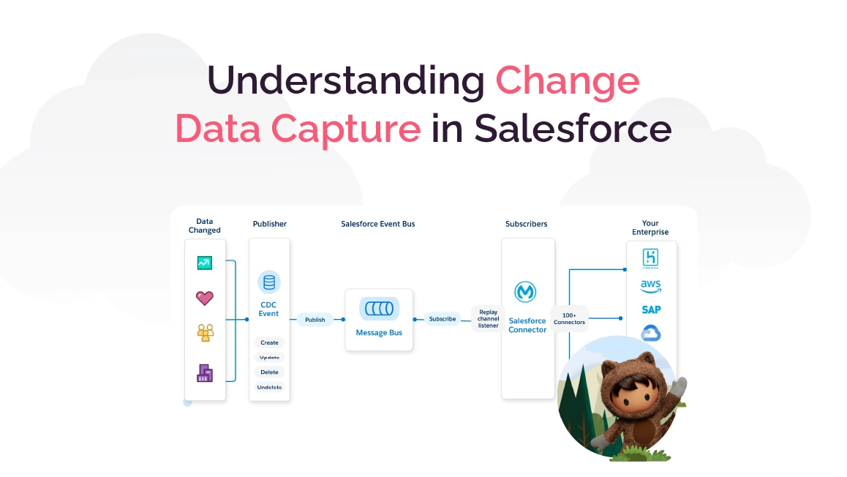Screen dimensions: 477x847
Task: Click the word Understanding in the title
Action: (345, 80)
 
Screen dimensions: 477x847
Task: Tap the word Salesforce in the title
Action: (573, 128)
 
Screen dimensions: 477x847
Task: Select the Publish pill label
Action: (315, 319)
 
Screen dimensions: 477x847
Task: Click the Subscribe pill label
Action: (443, 319)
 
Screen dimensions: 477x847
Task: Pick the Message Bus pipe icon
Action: (378, 309)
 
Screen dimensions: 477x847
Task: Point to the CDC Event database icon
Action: (269, 282)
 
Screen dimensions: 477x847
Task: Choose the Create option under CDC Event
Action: (269, 342)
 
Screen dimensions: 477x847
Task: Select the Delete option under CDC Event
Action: (269, 372)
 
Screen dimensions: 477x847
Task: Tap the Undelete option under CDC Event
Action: (269, 387)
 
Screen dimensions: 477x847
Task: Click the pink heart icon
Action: (205, 298)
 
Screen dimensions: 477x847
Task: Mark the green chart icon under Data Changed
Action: (205, 263)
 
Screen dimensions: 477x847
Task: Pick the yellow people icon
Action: (205, 333)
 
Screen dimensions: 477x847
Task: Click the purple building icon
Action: (205, 373)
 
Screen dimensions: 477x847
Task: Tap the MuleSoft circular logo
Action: (527, 293)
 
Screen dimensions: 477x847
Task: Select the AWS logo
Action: (651, 285)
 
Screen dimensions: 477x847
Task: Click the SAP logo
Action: (651, 309)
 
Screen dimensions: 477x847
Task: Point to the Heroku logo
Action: (651, 258)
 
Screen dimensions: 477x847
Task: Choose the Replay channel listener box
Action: (488, 319)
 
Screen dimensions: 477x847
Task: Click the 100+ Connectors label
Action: (569, 319)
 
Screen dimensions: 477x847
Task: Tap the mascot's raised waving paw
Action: (679, 386)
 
